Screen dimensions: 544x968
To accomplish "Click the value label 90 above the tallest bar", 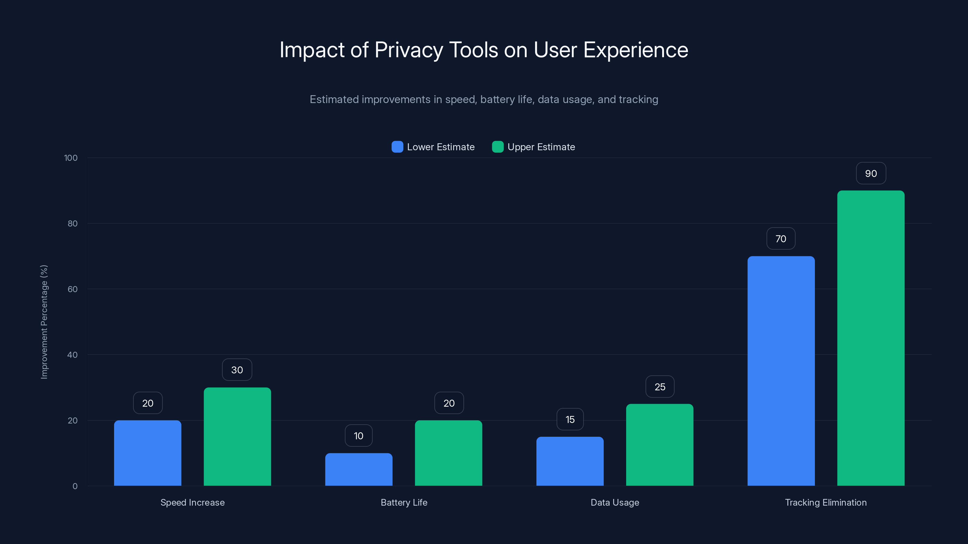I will click(871, 173).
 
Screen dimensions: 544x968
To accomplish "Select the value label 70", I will click(780, 239).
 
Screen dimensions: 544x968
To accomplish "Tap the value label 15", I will click(570, 419).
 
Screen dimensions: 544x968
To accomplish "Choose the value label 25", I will click(659, 387).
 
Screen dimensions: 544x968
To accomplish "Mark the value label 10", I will click(358, 436).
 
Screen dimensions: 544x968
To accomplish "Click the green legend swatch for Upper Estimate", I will click(498, 147).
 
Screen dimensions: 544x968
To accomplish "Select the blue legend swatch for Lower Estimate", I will click(397, 147).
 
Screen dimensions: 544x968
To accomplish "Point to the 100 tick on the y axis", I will click(71, 158).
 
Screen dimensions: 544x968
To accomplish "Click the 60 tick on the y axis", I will click(73, 289).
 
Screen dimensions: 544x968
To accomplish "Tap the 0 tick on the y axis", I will click(75, 486).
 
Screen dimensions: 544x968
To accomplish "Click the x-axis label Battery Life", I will click(404, 502).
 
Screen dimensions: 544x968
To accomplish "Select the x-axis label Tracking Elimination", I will click(826, 502).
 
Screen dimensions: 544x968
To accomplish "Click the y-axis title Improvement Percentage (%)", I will click(44, 322).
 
